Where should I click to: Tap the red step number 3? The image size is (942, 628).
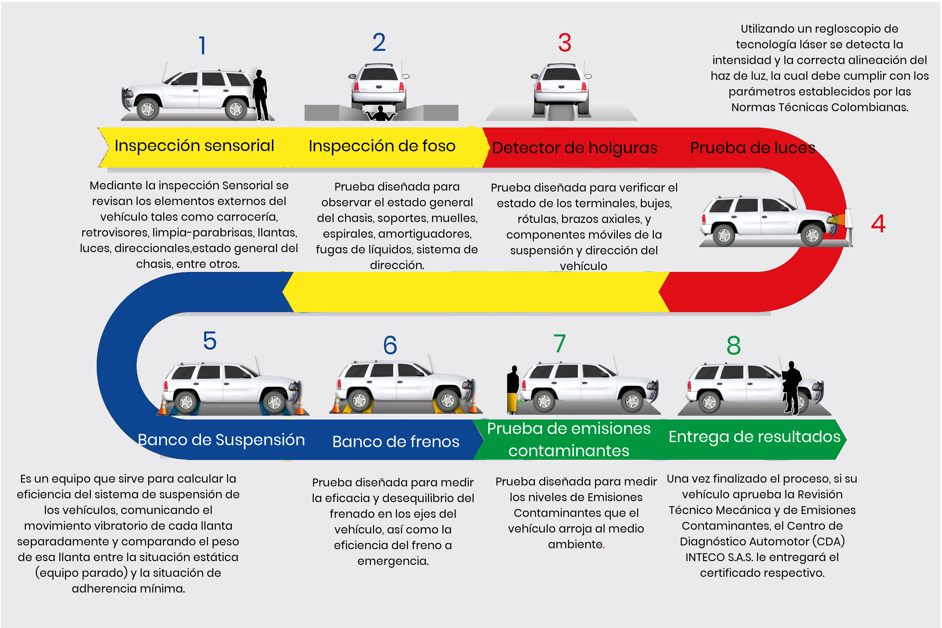coord(565,42)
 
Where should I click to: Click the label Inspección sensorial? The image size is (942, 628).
coord(194,146)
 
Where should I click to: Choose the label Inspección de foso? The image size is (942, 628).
coord(382,146)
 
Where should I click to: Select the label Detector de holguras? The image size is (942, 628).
coord(575,148)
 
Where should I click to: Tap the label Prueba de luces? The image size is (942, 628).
coord(753,148)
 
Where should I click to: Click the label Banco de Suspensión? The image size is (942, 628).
coord(221,440)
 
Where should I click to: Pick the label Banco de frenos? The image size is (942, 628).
coord(396,441)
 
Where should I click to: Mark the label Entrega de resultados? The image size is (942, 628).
coord(754,436)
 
